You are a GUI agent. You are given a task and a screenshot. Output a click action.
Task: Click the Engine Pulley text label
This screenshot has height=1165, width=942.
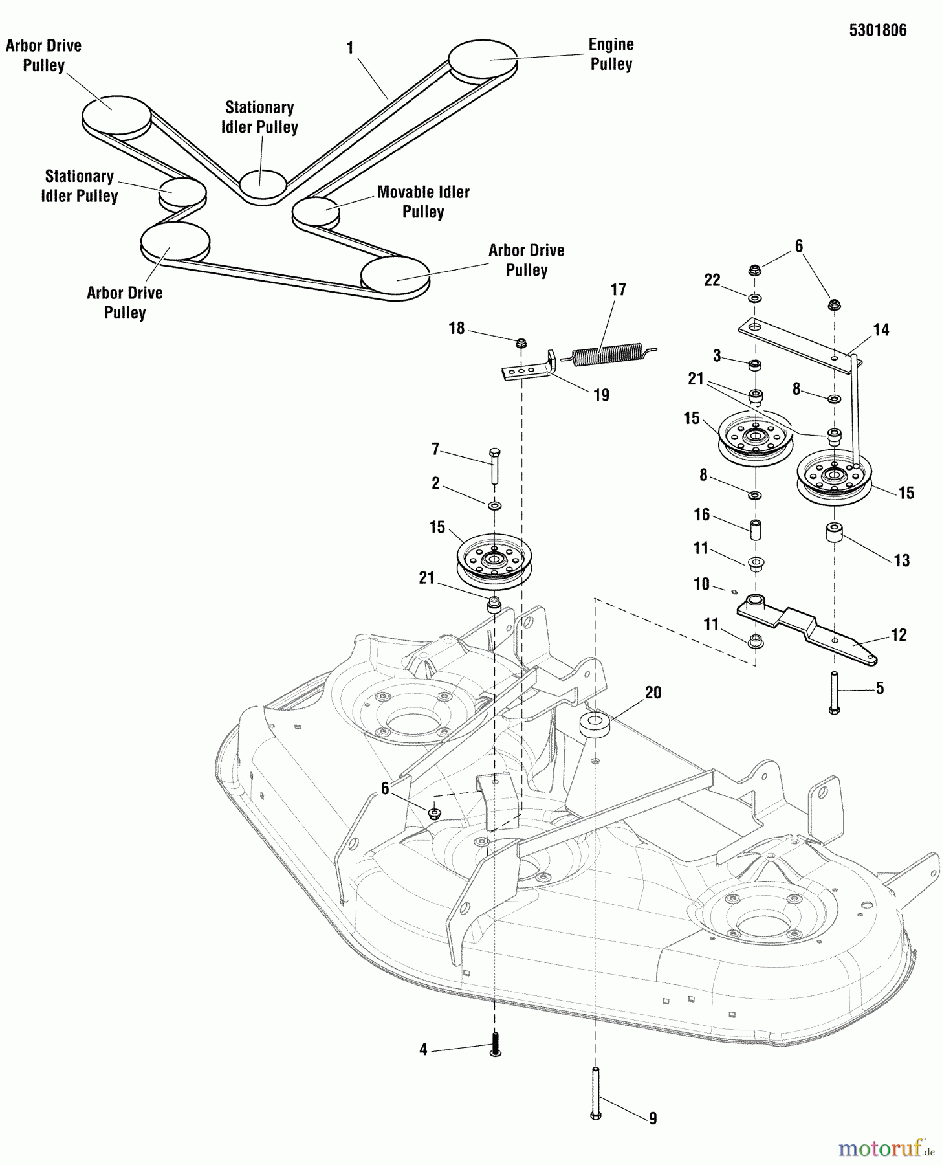611,54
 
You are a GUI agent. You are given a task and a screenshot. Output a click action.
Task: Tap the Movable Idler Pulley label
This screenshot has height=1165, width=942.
423,202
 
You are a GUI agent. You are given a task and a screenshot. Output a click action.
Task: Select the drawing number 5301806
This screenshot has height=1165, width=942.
877,30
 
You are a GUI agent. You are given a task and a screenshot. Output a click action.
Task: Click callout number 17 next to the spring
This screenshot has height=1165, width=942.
618,289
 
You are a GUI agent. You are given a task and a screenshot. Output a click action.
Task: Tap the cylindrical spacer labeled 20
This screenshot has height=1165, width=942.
595,725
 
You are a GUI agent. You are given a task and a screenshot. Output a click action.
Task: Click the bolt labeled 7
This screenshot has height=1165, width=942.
495,465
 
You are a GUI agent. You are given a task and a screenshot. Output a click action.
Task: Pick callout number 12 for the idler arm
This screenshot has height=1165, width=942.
899,635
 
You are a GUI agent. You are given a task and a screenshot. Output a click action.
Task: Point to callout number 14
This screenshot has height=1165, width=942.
881,330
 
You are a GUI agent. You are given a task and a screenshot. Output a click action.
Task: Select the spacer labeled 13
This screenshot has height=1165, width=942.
834,535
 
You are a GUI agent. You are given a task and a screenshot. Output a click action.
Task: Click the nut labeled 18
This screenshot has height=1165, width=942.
520,342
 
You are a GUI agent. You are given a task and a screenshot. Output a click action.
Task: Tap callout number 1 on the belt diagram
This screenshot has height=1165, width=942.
350,48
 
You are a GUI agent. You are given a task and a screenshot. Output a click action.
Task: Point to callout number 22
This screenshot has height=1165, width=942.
712,280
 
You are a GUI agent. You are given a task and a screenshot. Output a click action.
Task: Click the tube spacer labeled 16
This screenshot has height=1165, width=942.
755,529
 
